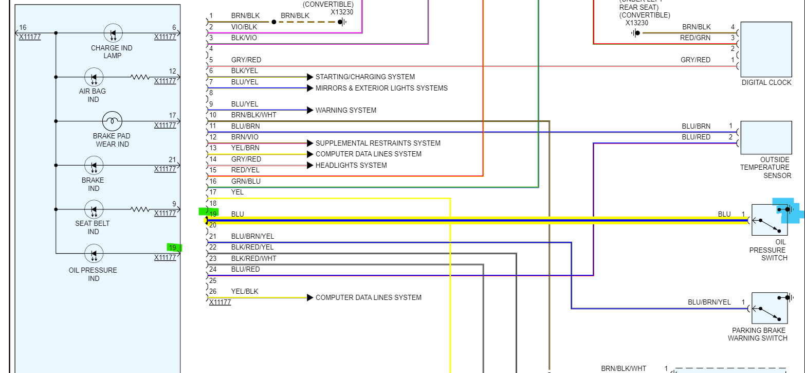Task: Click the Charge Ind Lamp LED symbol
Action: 113,33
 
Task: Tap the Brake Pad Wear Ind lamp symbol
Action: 112,121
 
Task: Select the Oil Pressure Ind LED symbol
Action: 94,254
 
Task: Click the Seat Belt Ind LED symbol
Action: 94,210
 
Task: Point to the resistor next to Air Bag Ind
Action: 140,77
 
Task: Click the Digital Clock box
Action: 765,49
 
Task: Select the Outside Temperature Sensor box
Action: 765,137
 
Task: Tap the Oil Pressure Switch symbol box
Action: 769,220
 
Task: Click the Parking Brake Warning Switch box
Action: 769,308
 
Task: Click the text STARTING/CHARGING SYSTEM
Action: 365,77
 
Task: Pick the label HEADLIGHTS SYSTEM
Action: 351,165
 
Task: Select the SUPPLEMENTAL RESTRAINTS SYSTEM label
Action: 378,143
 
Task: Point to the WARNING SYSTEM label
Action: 345,110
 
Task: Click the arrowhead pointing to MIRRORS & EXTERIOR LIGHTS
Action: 310,88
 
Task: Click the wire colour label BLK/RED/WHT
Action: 253,258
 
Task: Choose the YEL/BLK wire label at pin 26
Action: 245,291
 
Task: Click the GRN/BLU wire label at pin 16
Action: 246,181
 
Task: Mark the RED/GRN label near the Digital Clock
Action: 696,38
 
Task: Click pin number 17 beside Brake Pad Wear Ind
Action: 173,116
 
